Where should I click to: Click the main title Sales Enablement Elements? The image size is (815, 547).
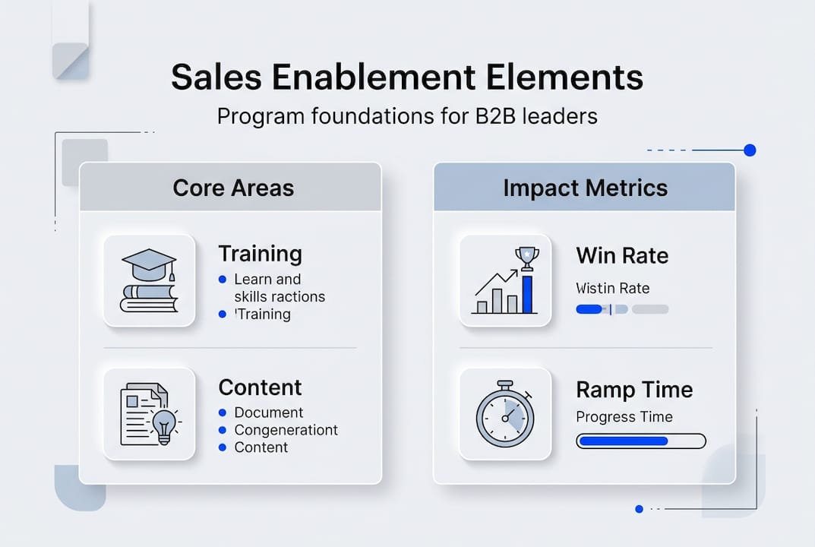407,77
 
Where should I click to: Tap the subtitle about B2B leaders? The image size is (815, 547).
407,116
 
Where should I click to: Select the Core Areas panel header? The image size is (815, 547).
233,188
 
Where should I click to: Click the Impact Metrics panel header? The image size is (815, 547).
585,188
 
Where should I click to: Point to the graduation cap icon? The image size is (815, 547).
149,264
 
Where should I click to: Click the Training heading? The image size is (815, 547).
260,254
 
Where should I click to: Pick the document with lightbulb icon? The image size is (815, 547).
149,414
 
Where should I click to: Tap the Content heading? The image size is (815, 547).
260,387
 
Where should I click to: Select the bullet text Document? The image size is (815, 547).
269,413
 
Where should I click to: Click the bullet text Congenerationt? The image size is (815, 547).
286,430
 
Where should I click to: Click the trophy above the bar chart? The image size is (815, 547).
526,256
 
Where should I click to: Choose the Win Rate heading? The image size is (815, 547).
622,255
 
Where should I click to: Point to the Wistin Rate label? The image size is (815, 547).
612,288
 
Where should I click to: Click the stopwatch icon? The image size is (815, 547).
505,415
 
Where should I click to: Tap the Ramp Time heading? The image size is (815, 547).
634,390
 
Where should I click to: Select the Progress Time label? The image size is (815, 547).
624,416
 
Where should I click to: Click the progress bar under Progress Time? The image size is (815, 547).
641,441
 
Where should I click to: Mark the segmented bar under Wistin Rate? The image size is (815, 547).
622,309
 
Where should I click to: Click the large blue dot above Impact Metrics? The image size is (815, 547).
750,150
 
